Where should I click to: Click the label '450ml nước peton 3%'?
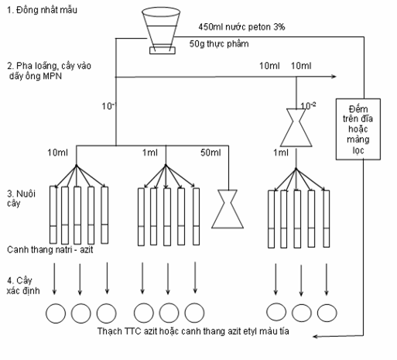click(x=241, y=27)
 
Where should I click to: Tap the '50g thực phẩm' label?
click(x=219, y=44)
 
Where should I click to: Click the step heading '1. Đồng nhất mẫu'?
click(x=42, y=10)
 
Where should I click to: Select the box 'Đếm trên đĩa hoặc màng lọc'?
click(x=358, y=129)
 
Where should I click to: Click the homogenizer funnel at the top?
click(x=161, y=30)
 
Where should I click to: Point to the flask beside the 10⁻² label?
click(x=296, y=128)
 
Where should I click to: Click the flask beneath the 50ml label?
click(x=228, y=209)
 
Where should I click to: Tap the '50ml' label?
click(x=210, y=153)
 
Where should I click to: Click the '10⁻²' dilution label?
click(x=308, y=105)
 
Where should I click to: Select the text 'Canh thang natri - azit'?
click(x=50, y=249)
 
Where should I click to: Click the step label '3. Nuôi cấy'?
click(x=21, y=198)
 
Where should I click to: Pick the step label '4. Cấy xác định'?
click(x=23, y=286)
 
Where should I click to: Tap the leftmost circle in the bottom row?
click(x=56, y=314)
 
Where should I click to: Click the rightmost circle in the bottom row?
click(x=327, y=313)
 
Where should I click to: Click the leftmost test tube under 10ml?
click(x=53, y=214)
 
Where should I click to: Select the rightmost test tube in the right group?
click(x=327, y=219)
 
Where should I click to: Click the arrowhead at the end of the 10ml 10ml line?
click(x=334, y=77)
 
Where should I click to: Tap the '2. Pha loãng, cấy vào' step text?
click(x=49, y=66)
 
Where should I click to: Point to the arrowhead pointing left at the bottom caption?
click(x=315, y=337)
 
